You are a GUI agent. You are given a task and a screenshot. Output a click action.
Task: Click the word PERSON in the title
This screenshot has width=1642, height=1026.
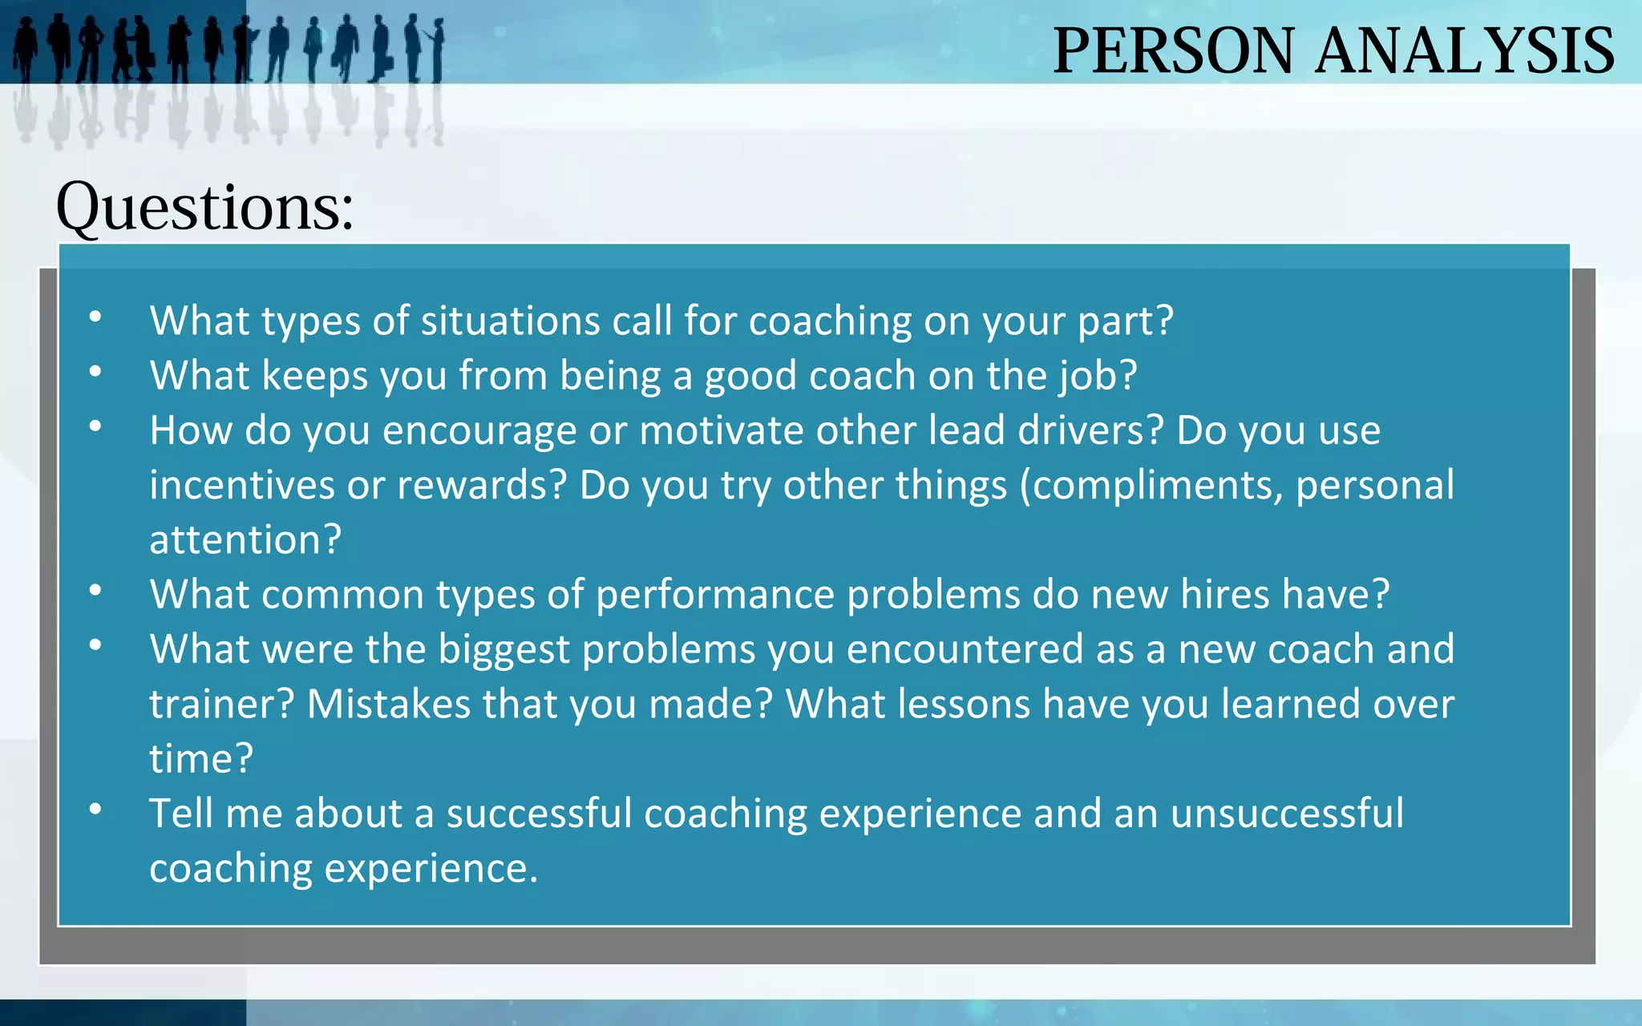1173,51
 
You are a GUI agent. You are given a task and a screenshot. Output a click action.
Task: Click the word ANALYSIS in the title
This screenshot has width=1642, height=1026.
1465,51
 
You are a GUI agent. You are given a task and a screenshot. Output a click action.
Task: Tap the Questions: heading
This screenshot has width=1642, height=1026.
204,207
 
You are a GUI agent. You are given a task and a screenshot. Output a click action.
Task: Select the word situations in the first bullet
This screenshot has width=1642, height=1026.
510,321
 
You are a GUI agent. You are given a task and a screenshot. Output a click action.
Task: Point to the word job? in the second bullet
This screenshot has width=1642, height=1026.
1098,376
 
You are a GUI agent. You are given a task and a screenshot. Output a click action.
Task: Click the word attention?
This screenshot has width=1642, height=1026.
245,539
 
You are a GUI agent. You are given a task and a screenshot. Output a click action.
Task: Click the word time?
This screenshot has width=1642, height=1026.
201,758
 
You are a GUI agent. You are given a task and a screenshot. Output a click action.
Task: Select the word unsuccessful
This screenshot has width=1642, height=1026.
1287,813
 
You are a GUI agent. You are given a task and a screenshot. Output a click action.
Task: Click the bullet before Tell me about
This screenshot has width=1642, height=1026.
95,810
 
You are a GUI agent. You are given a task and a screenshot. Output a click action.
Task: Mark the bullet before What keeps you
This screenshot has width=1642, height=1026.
95,372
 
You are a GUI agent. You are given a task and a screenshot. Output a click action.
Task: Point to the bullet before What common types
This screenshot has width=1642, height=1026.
95,591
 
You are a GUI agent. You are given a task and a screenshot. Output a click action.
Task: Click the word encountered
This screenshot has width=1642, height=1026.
965,649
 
